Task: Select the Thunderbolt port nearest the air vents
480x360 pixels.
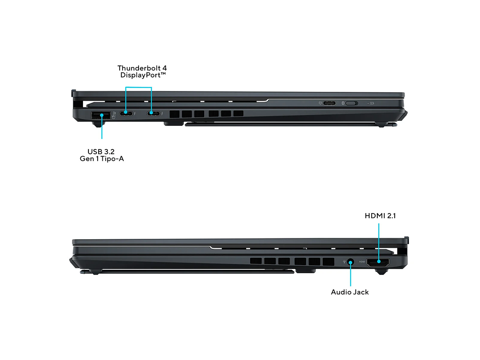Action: (x=153, y=113)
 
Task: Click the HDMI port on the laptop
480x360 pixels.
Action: (x=378, y=262)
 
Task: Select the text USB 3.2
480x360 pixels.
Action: (x=101, y=151)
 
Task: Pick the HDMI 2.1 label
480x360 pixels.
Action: (x=380, y=216)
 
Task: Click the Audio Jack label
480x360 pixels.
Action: (x=349, y=292)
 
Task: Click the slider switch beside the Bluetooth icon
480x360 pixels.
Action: (x=351, y=103)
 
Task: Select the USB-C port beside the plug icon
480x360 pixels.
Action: (x=330, y=103)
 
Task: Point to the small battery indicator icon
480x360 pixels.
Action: (x=372, y=103)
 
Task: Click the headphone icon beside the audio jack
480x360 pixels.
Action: (x=344, y=262)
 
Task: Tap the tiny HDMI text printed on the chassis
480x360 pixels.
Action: (x=362, y=262)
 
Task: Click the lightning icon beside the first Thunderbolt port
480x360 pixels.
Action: (x=135, y=114)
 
